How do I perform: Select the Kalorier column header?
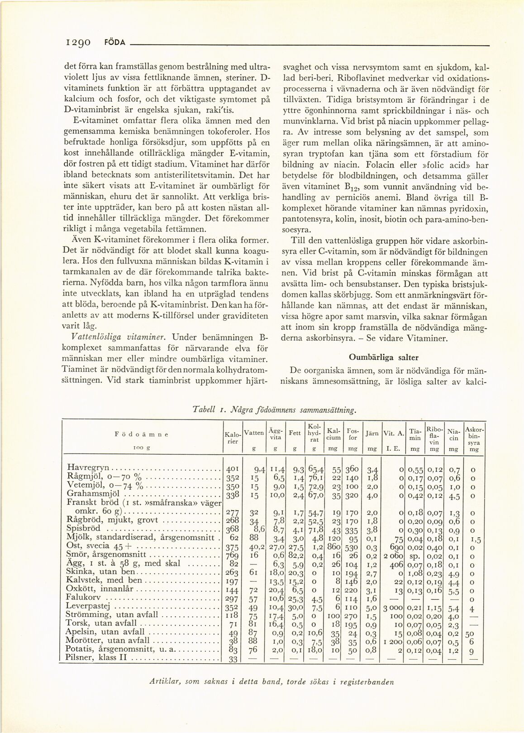233,438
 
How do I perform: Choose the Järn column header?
372,433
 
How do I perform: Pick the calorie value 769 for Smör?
232,554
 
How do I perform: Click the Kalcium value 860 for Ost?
333,546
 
